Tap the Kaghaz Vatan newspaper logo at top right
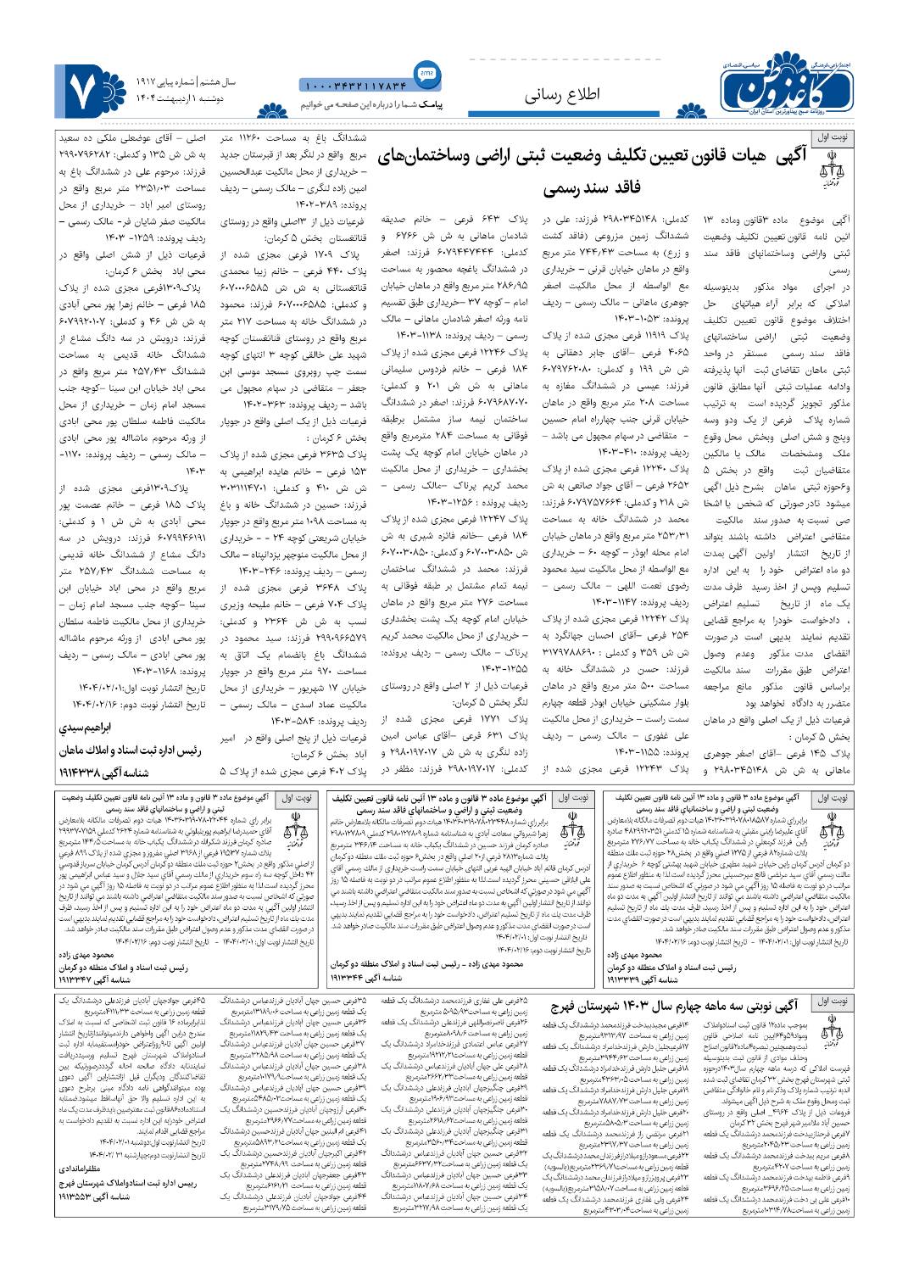[x=788, y=83]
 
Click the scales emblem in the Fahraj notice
[x=828, y=1033]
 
